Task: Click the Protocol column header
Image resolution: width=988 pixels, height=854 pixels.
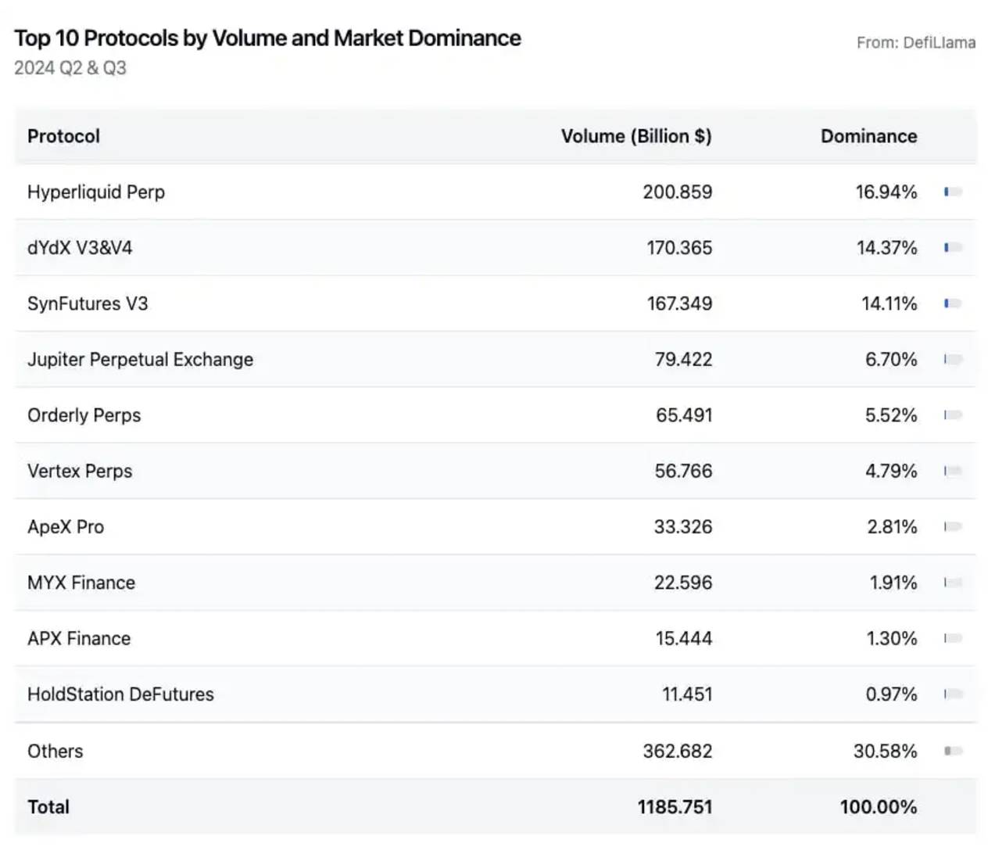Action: [63, 136]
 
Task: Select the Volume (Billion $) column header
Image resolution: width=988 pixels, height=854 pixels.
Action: [635, 136]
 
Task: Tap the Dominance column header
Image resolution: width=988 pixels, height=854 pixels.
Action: [868, 136]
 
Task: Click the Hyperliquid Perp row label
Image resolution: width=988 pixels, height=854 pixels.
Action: [96, 192]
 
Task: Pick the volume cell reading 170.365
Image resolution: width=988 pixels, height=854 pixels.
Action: [678, 248]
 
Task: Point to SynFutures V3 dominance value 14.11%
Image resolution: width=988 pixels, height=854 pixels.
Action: [889, 303]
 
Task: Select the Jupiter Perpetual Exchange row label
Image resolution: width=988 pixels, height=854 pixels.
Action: [140, 360]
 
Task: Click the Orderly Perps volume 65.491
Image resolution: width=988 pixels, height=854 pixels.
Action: [683, 415]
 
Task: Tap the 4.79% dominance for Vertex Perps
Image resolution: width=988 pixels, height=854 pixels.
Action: [890, 471]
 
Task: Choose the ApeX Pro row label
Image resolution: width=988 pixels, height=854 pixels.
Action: [66, 527]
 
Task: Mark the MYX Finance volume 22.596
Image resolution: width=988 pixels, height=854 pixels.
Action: [682, 583]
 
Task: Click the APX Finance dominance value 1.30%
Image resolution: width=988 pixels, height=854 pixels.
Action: [891, 638]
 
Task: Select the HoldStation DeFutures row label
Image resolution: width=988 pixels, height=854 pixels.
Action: [120, 694]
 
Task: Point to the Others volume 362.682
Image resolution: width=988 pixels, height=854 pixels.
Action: [677, 751]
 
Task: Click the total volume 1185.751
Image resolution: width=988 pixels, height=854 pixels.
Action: [675, 807]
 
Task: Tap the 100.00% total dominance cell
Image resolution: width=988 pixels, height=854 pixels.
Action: [878, 807]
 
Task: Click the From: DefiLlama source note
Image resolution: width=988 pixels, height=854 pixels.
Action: [915, 43]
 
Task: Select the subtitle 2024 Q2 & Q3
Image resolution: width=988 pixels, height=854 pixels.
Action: [70, 68]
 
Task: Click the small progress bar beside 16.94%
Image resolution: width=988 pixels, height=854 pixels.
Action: [953, 192]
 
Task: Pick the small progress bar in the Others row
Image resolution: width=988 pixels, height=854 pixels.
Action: [953, 751]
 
